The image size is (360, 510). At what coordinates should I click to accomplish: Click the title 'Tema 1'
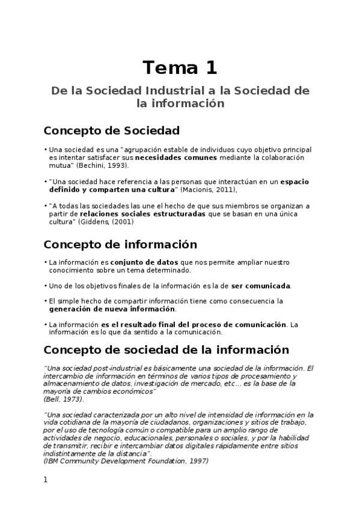pyautogui.click(x=180, y=67)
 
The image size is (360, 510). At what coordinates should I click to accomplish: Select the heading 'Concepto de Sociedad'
pyautogui.click(x=112, y=131)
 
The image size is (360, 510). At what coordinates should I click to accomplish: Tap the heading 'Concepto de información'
pyautogui.click(x=120, y=244)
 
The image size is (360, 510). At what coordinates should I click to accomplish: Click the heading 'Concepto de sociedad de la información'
pyautogui.click(x=166, y=349)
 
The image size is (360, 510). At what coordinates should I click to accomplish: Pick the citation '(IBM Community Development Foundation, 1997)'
pyautogui.click(x=126, y=461)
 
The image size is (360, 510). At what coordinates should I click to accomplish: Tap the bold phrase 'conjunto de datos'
pyautogui.click(x=144, y=262)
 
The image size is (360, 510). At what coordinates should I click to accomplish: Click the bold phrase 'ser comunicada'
pyautogui.click(x=261, y=286)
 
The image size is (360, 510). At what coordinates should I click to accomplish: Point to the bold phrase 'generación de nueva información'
pyautogui.click(x=112, y=309)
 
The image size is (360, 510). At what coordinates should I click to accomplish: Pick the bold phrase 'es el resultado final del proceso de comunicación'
pyautogui.click(x=194, y=324)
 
